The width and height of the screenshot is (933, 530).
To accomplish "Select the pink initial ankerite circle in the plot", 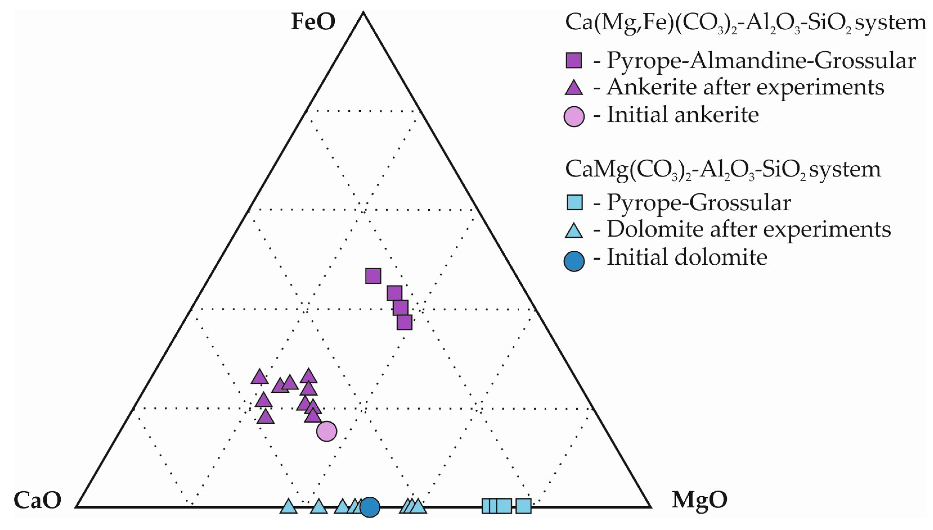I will pyautogui.click(x=327, y=431).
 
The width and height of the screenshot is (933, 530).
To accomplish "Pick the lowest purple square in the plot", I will pyautogui.click(x=404, y=323).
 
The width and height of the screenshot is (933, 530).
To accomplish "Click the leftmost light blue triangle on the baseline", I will pyautogui.click(x=289, y=507).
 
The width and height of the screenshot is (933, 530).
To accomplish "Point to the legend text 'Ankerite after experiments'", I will pyautogui.click(x=745, y=87).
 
